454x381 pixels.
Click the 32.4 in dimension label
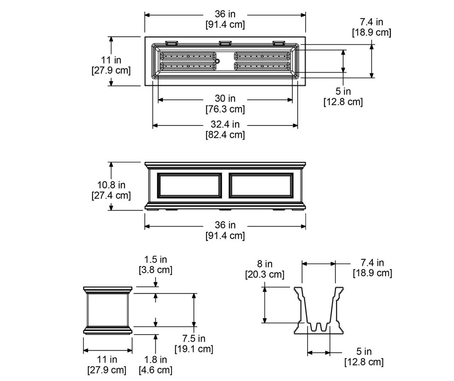click(225, 124)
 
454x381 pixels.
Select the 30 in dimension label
click(225, 98)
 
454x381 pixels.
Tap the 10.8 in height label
click(111, 185)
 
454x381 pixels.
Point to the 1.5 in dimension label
click(155, 260)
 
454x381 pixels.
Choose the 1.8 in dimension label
click(155, 360)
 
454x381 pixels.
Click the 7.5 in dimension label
click(194, 338)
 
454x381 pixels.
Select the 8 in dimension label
click(265, 264)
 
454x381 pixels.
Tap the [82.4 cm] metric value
click(225, 135)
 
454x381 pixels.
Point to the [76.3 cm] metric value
click(225, 109)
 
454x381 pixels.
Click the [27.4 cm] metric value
click(111, 196)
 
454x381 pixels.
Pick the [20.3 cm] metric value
click(265, 274)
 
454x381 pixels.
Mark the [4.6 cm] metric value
click(155, 370)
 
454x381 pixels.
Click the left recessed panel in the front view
click(189, 185)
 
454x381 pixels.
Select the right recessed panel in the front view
click(261, 185)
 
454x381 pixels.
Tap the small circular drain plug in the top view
click(217, 61)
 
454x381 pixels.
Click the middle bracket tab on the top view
click(225, 43)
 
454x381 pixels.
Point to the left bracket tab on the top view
click(172, 43)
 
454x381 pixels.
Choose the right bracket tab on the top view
click(279, 43)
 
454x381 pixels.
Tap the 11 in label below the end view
click(107, 360)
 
